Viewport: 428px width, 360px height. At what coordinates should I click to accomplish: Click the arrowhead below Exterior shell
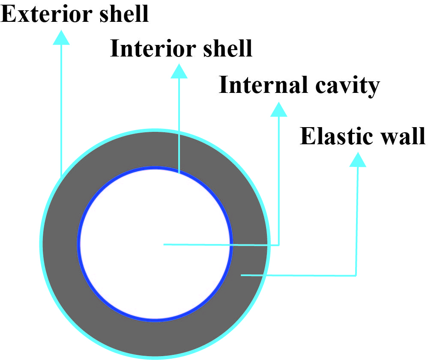coord(61,37)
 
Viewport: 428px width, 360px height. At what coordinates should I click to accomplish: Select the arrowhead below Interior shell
coord(179,71)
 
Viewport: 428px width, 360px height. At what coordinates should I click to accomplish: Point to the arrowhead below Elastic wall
coord(357,160)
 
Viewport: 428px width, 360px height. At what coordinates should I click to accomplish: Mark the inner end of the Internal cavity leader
coord(164,244)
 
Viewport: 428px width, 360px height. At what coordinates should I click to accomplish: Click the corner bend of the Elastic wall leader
coord(356,275)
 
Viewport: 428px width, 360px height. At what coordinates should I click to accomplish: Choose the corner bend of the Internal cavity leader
coord(279,245)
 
